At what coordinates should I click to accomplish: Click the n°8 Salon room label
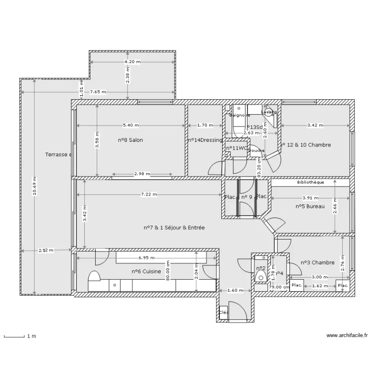130,140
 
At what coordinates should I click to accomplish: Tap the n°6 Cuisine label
146,271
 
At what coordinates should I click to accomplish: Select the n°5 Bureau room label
310,206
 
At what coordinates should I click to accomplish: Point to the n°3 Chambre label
317,262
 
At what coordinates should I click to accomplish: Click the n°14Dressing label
205,140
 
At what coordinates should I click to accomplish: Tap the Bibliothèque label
310,182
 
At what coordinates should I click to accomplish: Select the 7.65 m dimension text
97,92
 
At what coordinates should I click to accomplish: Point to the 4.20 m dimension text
132,62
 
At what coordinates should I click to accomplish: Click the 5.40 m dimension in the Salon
130,125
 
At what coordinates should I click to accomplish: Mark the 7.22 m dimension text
148,195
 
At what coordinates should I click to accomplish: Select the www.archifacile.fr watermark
347,336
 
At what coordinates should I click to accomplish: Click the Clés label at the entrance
223,312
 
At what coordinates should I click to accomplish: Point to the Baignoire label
240,116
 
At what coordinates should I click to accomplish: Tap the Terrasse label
58,155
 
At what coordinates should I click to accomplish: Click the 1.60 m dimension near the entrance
235,291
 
